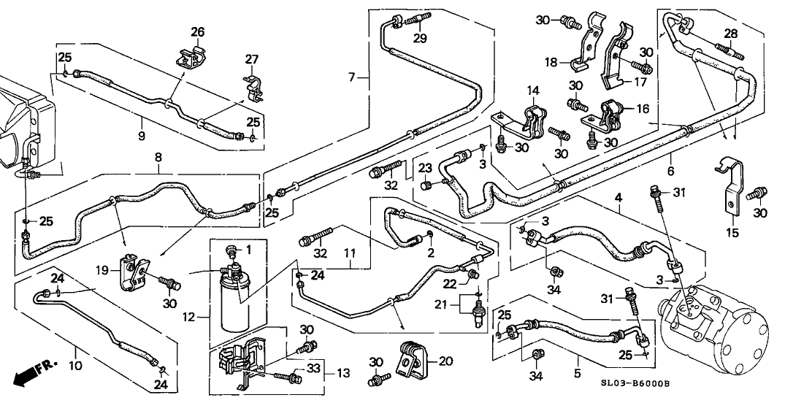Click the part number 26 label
198,31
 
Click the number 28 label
730,34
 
